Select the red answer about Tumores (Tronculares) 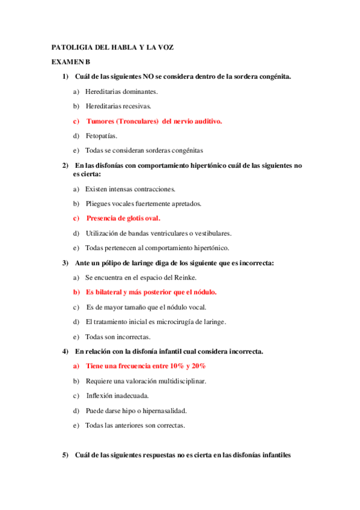point(154,121)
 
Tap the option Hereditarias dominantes point(121,92)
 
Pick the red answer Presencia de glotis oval point(123,218)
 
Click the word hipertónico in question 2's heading point(228,165)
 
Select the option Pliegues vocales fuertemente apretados point(151,204)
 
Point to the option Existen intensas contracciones point(130,189)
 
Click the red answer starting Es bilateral point(151,292)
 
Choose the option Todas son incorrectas point(118,337)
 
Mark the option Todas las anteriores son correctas point(135,426)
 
